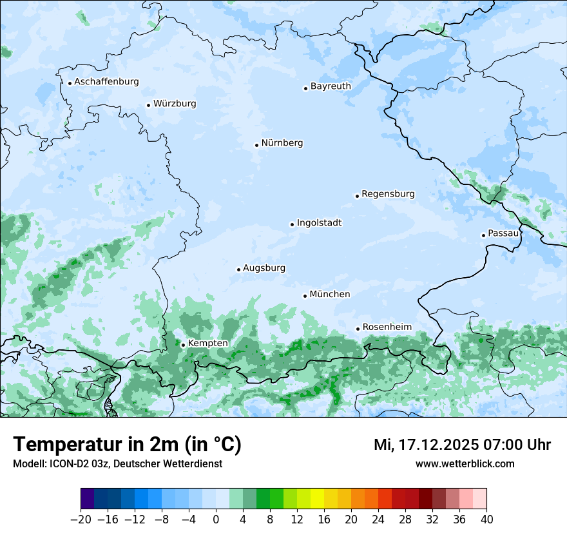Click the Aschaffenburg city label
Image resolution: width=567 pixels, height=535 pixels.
(x=106, y=82)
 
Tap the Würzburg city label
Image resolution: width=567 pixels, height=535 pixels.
(x=175, y=104)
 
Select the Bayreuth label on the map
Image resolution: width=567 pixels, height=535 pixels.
(x=331, y=86)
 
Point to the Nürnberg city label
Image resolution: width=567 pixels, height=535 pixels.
(x=282, y=143)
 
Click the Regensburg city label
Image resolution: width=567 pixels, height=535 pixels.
(x=388, y=194)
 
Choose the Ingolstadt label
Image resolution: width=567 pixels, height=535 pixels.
(x=319, y=223)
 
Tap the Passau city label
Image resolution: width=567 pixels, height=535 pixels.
(x=503, y=233)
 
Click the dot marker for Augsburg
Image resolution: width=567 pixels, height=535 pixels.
(x=238, y=269)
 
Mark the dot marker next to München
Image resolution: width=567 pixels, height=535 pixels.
(x=305, y=296)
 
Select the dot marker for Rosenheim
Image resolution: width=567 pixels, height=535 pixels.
(x=358, y=329)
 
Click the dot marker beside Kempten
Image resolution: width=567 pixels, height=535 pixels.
(x=183, y=345)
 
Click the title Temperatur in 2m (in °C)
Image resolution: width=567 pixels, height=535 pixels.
(x=127, y=445)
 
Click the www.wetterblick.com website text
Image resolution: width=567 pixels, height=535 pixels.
(x=465, y=463)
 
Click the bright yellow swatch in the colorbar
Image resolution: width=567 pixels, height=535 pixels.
(x=317, y=499)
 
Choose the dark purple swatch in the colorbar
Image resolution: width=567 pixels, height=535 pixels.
(x=88, y=499)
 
